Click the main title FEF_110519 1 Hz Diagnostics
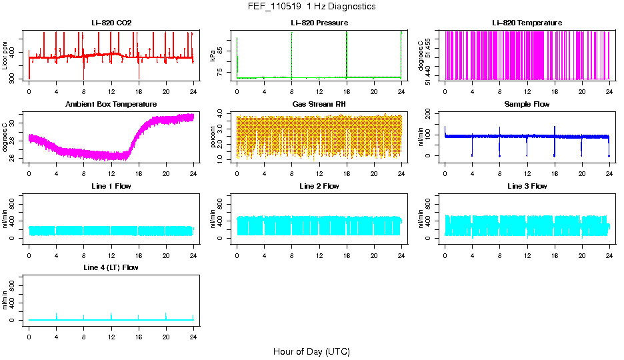pos(311,7)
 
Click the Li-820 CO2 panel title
pos(111,23)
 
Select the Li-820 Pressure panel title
pos(319,23)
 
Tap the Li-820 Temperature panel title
pos(527,23)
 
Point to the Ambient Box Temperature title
pos(111,105)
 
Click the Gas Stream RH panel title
pos(319,105)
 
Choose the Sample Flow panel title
pos(527,105)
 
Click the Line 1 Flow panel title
pos(111,186)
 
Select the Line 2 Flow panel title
pos(319,186)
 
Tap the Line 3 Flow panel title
pos(527,186)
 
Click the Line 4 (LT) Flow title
pos(111,268)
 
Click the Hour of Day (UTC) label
pos(311,351)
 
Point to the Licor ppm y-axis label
pos(5,55)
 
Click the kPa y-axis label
pos(213,55)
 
